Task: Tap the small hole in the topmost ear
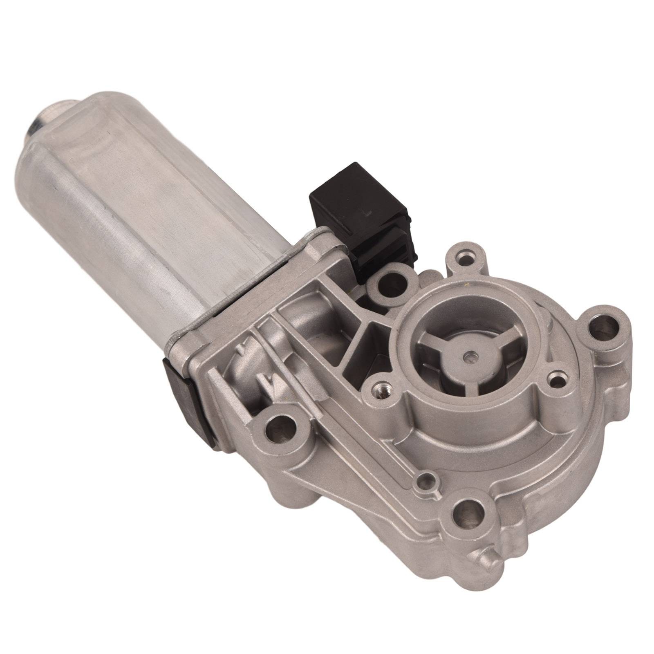[x=466, y=259]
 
